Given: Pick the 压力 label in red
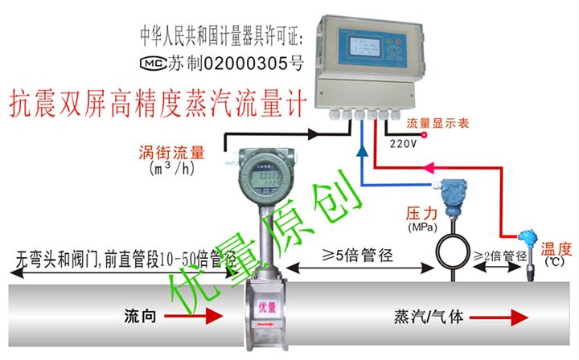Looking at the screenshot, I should pos(420,216).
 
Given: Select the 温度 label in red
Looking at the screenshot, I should pos(554,249).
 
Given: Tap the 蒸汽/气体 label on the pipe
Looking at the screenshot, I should pos(429,314).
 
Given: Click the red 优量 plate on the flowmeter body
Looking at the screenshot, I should pos(265,309).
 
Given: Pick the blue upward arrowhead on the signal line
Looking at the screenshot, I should pos(362,149).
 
